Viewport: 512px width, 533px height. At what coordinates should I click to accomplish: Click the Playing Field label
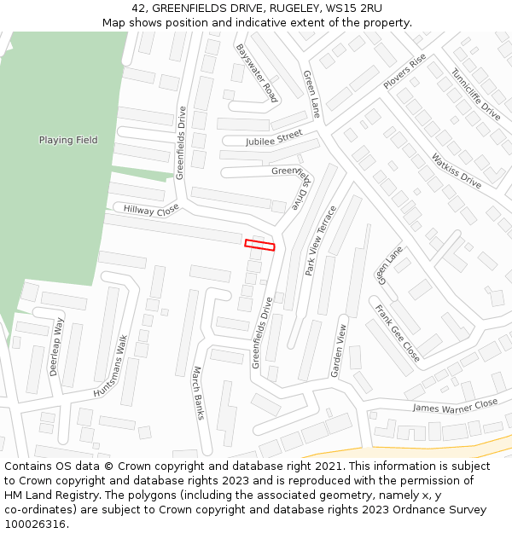coord(68,140)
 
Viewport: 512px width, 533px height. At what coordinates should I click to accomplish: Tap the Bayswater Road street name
coord(257,73)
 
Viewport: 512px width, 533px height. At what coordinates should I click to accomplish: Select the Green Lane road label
coord(311,94)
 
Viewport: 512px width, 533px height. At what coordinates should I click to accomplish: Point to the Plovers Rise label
coord(404,72)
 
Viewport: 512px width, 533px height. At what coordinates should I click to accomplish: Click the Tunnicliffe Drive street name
coord(476,94)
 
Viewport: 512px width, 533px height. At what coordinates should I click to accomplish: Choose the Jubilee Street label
coord(274,138)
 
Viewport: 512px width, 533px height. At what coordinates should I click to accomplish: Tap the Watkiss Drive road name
coord(457,170)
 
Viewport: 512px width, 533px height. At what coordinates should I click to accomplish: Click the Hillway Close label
coord(151,209)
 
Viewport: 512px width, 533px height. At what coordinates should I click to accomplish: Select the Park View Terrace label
coord(321,240)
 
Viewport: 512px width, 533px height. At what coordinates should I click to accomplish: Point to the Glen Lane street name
coord(389,266)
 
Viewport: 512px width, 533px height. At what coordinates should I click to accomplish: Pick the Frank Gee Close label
coord(398,333)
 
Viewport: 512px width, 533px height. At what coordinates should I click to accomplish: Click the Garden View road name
coord(339,350)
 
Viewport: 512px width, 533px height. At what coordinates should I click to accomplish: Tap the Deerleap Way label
coord(56,347)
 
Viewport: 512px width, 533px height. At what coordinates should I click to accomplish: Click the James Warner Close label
coord(455,407)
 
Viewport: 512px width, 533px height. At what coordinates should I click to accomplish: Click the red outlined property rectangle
coord(259,246)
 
